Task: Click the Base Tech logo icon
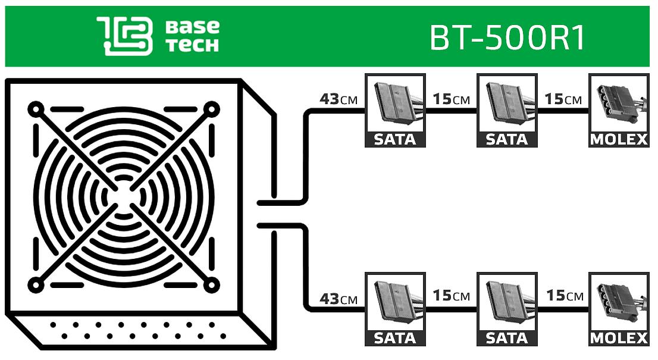coord(124,36)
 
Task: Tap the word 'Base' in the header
coord(192,27)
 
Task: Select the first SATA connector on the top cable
coord(395,110)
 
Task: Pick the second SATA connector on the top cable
coord(507,110)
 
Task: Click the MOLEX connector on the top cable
coord(618,110)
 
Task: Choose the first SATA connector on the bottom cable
coord(395,309)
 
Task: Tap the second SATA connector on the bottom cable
coord(507,309)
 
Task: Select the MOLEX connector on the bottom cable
coord(618,309)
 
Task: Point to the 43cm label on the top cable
coord(339,99)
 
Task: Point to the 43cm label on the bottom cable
coord(339,298)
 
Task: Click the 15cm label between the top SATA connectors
coord(451,99)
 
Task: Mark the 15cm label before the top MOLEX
coord(563,99)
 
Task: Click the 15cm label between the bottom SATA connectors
coord(451,296)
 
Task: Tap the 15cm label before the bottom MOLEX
coord(563,296)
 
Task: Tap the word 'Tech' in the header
coord(192,45)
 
